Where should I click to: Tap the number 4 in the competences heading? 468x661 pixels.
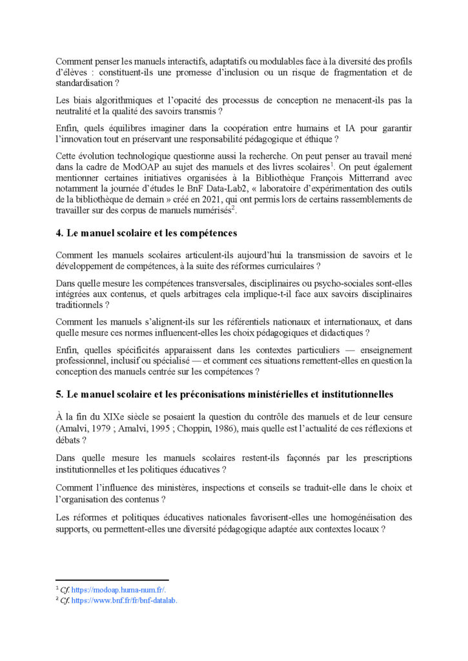(59, 234)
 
